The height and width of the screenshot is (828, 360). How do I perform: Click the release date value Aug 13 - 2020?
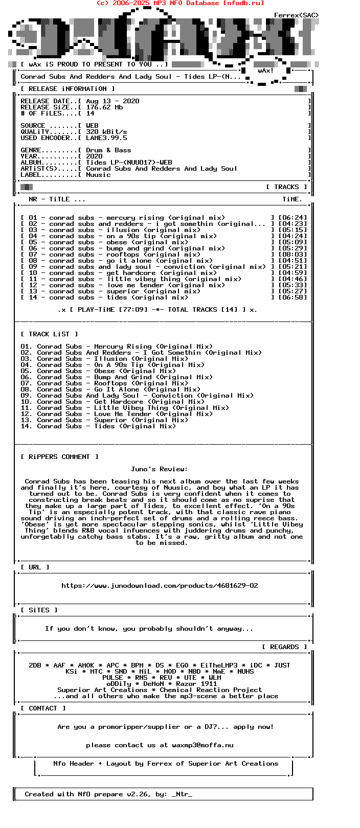(112, 101)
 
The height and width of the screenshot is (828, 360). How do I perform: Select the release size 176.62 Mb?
(104, 107)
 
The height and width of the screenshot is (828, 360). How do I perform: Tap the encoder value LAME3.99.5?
(106, 138)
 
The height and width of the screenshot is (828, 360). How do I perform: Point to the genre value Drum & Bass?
(108, 150)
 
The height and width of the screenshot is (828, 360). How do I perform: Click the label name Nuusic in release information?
(98, 175)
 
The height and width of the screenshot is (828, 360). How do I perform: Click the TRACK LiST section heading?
(49, 334)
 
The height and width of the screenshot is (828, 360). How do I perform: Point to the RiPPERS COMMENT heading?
(59, 457)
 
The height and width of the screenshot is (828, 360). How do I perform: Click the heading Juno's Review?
(159, 469)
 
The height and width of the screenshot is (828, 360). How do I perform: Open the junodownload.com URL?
(160, 586)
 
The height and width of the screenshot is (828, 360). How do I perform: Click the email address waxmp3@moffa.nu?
(202, 745)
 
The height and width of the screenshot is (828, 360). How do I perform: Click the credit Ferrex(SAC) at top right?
(296, 15)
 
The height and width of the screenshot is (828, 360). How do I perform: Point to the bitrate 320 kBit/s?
(106, 132)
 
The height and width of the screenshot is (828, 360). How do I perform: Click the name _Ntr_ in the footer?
(182, 794)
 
